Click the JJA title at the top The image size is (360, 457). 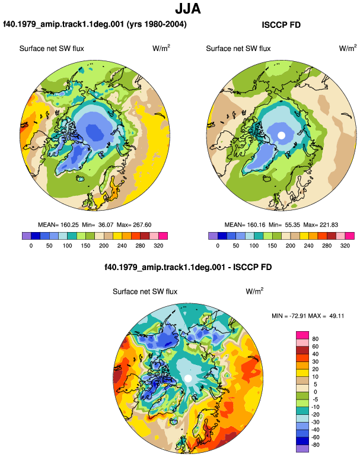point(188,9)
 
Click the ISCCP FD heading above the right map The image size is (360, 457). point(281,25)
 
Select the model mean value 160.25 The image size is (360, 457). point(69,225)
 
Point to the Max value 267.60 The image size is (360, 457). point(142,225)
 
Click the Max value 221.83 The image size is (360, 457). point(329,225)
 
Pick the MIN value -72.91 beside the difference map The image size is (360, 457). point(298,316)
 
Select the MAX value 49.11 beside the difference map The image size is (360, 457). point(337,316)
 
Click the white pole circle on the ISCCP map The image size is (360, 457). point(281,135)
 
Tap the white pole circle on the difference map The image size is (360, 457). point(188,378)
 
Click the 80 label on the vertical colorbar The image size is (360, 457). point(315,339)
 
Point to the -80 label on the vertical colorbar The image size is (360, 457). point(314,445)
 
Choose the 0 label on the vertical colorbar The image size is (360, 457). point(315,392)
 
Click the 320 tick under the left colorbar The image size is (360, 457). point(158,246)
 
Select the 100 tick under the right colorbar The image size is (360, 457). point(254,246)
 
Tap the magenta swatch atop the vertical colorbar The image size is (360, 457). point(302,335)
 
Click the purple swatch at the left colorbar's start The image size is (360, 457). point(26,236)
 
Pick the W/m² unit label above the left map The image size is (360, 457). point(161,48)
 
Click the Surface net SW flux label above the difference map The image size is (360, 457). point(145,291)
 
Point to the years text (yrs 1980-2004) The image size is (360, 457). point(157,24)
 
